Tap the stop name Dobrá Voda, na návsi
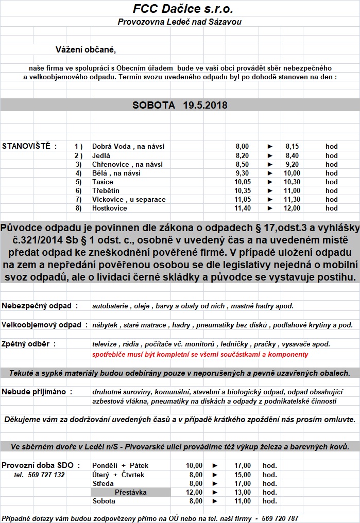point(128,147)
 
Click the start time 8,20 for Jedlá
point(242,155)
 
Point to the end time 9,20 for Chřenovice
point(293,164)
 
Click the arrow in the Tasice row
point(270,182)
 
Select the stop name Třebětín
point(106,190)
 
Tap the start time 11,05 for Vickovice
point(242,199)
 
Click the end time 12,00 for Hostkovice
point(293,208)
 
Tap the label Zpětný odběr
point(29,343)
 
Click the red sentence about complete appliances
point(200,354)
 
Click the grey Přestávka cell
point(131,492)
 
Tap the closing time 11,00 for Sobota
point(242,501)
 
